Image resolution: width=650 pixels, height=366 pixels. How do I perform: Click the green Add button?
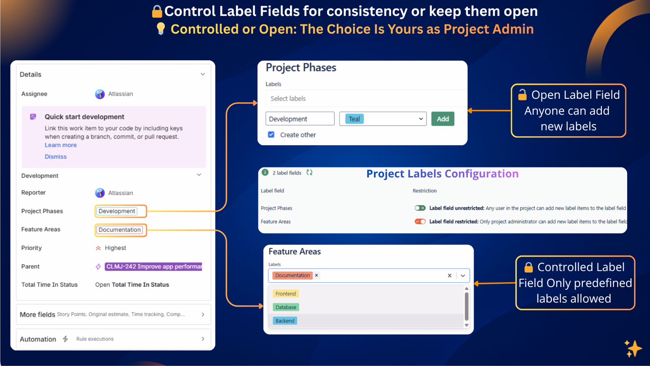(x=442, y=119)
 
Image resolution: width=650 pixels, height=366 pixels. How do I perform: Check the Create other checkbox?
(x=271, y=135)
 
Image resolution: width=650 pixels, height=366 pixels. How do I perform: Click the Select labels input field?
(x=366, y=98)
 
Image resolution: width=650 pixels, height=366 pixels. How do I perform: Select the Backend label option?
(x=285, y=321)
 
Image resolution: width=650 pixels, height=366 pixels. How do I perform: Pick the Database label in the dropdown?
(x=286, y=307)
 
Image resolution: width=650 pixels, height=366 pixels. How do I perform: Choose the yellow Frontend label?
(x=286, y=294)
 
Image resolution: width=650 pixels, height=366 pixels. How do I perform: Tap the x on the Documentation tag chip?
(x=316, y=275)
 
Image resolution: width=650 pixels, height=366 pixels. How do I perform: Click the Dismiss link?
(x=56, y=157)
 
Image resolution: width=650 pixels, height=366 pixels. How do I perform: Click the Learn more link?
(x=61, y=145)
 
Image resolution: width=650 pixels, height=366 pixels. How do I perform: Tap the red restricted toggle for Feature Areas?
(x=420, y=222)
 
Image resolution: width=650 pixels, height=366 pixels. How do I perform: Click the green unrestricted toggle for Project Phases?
(x=420, y=208)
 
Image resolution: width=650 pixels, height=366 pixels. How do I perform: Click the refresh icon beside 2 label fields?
(x=310, y=172)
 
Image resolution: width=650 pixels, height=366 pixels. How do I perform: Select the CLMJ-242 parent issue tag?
(x=153, y=266)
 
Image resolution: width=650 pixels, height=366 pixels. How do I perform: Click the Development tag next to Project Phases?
(x=117, y=211)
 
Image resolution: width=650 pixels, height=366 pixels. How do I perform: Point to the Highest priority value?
(x=115, y=248)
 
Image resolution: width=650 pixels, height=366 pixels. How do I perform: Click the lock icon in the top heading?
(x=157, y=11)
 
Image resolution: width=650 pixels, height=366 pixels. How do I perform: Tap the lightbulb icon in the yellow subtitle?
(x=161, y=28)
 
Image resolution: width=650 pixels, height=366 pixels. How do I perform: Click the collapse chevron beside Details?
(x=203, y=74)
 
